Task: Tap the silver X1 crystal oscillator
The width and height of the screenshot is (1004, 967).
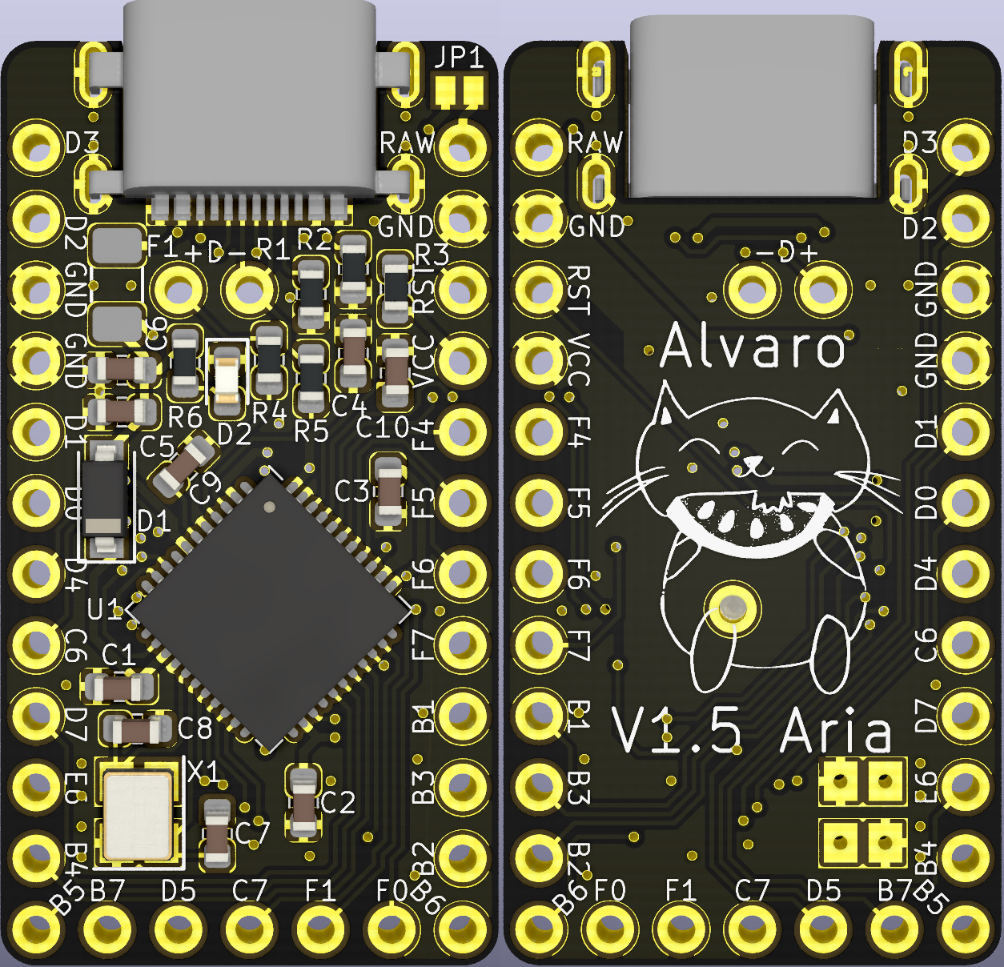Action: [x=137, y=813]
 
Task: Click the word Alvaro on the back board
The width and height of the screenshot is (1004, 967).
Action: [x=753, y=347]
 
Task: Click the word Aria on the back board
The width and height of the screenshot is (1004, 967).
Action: [x=836, y=732]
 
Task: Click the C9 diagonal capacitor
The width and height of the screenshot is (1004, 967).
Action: [x=184, y=467]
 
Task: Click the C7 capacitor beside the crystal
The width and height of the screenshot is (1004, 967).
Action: [x=216, y=833]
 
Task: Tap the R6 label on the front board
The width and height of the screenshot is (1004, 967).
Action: [x=185, y=416]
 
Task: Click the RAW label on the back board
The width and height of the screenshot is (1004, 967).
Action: [x=595, y=142]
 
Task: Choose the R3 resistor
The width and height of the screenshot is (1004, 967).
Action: [x=396, y=286]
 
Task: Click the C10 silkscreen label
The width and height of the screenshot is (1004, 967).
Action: [x=383, y=428]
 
